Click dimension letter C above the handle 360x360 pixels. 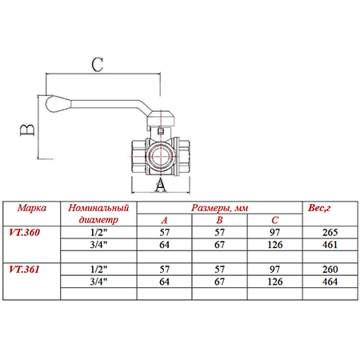[x=98, y=65]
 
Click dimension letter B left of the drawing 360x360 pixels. [x=27, y=130]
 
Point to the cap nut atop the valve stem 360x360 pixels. [x=161, y=119]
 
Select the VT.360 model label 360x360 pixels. [x=24, y=233]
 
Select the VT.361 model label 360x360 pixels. [x=24, y=270]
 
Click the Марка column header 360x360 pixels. [x=32, y=208]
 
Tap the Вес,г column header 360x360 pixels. [x=319, y=208]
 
